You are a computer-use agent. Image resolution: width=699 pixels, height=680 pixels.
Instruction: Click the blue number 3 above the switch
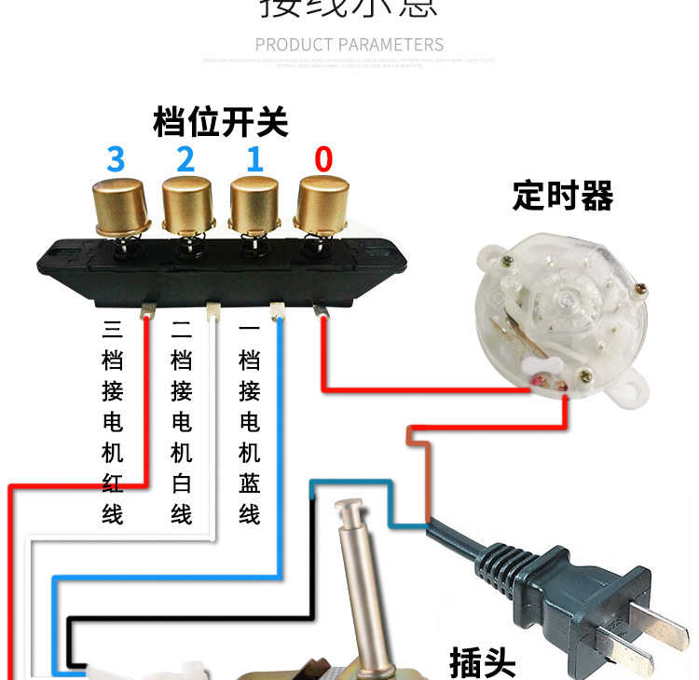[x=116, y=159]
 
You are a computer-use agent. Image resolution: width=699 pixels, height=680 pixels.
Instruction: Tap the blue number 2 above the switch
[x=185, y=159]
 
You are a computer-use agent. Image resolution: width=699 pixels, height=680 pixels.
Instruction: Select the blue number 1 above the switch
[x=254, y=159]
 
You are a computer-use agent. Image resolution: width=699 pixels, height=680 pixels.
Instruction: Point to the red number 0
[x=323, y=159]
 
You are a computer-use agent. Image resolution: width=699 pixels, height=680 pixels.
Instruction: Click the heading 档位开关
[x=221, y=122]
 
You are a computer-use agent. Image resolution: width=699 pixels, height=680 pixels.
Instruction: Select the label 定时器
[x=563, y=197]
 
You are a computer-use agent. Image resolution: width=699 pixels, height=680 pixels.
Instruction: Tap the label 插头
[x=482, y=660]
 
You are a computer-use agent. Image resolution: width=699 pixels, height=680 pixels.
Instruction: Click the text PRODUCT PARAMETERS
[x=349, y=45]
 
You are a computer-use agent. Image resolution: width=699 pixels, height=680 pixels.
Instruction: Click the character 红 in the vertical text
[x=113, y=484]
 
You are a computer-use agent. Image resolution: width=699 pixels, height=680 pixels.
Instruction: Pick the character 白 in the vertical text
[x=182, y=484]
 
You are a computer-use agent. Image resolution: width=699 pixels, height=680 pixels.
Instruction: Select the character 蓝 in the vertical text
[x=250, y=484]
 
